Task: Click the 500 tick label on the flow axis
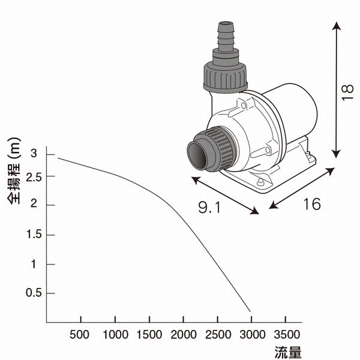point(79,335)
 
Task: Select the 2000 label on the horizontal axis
point(184,335)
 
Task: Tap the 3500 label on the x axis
point(287,335)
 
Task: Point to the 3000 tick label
point(253,335)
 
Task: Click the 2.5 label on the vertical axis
point(34,178)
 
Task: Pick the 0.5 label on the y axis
point(34,293)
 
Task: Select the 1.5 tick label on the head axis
point(34,235)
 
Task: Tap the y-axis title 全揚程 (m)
point(14,171)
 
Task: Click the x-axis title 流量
point(288,352)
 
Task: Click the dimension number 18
point(347,92)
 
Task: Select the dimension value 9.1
point(209,207)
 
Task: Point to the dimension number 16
point(311,204)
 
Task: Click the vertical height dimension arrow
point(337,90)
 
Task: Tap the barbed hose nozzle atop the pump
point(226,36)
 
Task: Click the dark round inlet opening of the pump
point(198,155)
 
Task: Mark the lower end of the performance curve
point(250,312)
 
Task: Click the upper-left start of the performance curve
point(58,158)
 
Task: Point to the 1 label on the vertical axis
point(34,264)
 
